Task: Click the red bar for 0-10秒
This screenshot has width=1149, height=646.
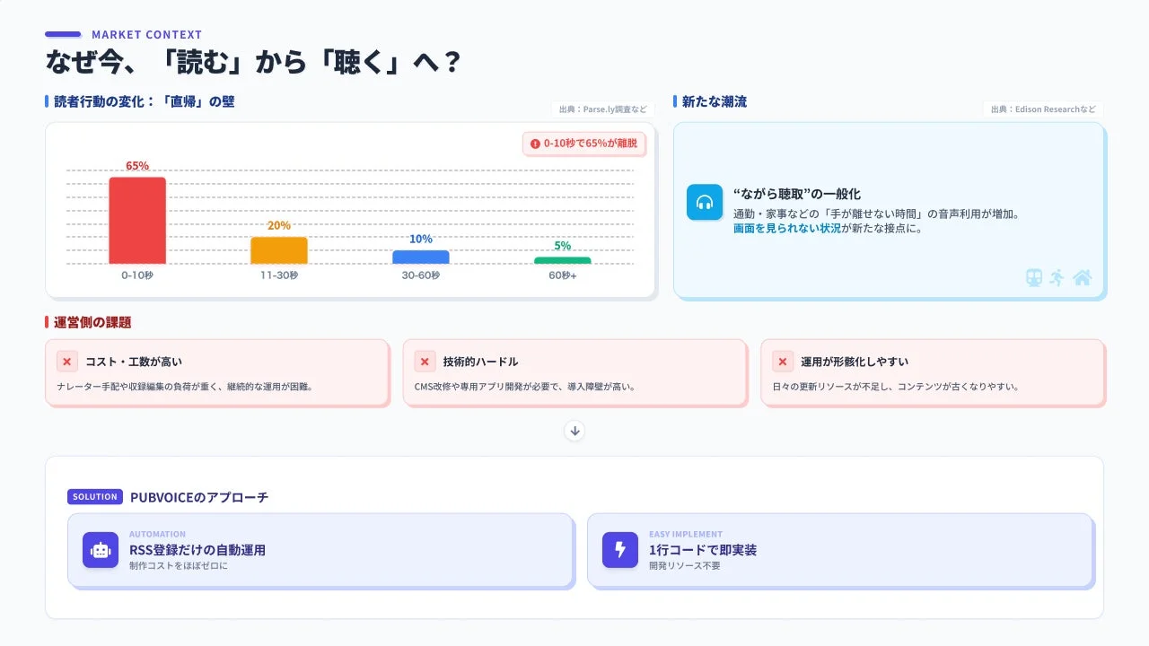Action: [x=137, y=221]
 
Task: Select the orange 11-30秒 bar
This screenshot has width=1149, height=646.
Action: [x=279, y=250]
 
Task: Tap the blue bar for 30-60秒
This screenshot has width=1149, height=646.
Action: [x=421, y=258]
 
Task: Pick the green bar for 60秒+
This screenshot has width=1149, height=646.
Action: [x=563, y=261]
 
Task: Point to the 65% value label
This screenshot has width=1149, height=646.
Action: [x=137, y=166]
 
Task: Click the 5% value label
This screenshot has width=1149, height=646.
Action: [x=563, y=246]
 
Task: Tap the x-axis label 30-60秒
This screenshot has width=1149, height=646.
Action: [x=421, y=275]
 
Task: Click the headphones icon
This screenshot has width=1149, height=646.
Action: [x=705, y=202]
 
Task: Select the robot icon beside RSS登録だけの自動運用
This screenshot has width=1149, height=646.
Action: [x=101, y=550]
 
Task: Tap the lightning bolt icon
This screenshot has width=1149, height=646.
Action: [x=620, y=550]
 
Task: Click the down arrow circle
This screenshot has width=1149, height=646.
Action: [x=575, y=431]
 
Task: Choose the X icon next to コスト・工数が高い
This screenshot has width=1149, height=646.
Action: [x=67, y=362]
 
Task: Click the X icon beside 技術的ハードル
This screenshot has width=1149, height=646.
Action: [x=425, y=362]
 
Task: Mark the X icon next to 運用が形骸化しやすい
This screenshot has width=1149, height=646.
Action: [x=783, y=362]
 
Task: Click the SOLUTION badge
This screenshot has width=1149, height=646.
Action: [x=95, y=497]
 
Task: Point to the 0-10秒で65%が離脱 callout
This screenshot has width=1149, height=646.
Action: [x=584, y=144]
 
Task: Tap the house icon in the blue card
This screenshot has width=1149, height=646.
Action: [x=1083, y=277]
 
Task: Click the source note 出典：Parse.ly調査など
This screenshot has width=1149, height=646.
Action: [x=602, y=109]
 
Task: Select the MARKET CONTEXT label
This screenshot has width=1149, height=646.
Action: [x=146, y=35]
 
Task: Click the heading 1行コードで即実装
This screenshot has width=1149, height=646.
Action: [x=703, y=550]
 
